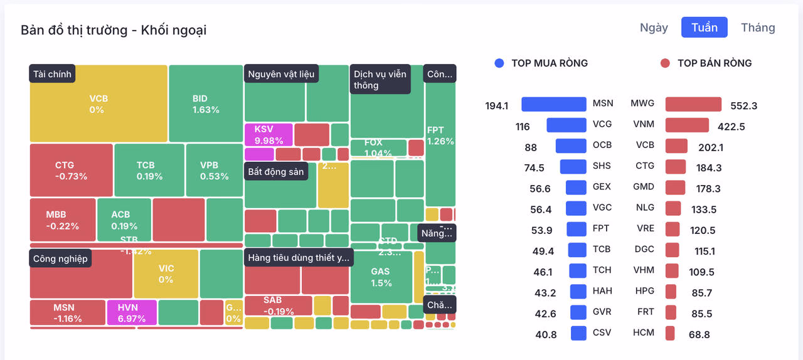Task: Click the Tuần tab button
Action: (704, 28)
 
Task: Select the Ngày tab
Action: (654, 28)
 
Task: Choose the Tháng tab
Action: (758, 28)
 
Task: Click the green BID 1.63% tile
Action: (205, 104)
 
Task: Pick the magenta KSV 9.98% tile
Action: (268, 134)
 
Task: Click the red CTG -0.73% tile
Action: (71, 170)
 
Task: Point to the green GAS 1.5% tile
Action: (381, 277)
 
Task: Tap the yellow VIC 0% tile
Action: (166, 273)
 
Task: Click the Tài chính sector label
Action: (53, 74)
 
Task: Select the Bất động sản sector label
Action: (275, 172)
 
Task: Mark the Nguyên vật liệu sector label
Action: (281, 74)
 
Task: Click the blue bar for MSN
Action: (553, 104)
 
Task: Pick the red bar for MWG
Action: (693, 104)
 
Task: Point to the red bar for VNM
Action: (687, 125)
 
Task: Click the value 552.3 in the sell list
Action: (743, 106)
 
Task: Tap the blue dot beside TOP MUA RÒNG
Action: (499, 63)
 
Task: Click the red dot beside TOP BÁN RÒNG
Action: (666, 63)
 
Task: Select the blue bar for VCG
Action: (566, 125)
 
